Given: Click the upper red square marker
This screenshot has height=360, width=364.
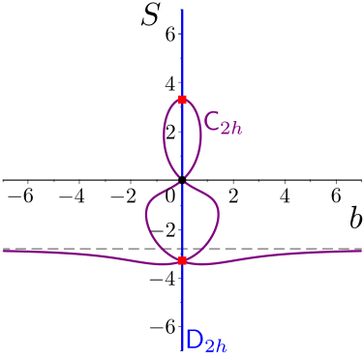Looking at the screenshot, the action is (182, 100).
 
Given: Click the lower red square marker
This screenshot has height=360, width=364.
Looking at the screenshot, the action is (182, 260).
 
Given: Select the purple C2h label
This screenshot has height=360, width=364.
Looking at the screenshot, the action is (222, 124).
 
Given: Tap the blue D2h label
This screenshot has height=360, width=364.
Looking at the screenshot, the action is (206, 341).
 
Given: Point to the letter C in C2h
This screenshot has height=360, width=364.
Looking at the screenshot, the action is (212, 122).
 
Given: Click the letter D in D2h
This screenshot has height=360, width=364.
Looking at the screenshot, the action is (195, 339).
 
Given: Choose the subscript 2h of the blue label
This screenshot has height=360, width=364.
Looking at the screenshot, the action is (216, 345).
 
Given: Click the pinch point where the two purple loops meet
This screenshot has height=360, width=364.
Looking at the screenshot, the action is (182, 180).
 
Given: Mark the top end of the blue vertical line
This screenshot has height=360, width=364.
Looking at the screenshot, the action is (182, 10).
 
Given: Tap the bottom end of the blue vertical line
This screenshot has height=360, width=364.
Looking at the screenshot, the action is (182, 348).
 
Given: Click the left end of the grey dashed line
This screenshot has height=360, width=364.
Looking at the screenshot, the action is (3, 249).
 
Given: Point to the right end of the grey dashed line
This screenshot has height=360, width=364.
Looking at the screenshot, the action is (361, 249).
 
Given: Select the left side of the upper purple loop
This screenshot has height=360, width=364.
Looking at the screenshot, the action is (165, 135).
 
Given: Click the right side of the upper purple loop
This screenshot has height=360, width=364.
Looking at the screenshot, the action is (200, 135).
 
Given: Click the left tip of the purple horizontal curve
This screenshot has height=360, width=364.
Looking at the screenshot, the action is (4, 251).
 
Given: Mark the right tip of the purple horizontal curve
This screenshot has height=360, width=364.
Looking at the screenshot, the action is (360, 251).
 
